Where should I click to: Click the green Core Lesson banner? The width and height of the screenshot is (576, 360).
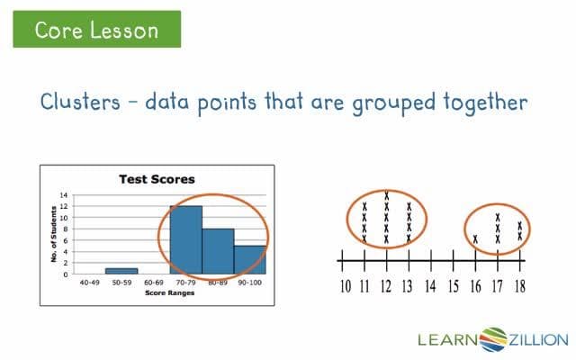pos(96,30)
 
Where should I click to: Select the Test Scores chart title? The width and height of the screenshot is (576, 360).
pos(157,179)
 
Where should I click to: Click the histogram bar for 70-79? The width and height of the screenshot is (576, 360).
pos(185,239)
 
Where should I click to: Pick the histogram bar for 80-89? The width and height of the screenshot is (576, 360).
pos(218,251)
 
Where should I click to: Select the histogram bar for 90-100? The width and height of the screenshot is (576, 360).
pos(249,259)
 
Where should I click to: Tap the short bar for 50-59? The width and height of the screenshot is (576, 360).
pos(121,270)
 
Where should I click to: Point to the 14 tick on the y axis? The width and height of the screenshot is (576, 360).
pos(63,194)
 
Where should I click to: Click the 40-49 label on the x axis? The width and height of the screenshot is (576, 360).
pos(89,283)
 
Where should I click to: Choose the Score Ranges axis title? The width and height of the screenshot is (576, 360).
pos(169,292)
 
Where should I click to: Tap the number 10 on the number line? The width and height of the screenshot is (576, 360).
pos(346,287)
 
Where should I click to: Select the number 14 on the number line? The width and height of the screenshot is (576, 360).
pos(430,287)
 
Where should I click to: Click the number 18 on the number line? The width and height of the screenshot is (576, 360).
pos(520,287)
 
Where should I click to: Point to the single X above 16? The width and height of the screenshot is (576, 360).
pos(475,238)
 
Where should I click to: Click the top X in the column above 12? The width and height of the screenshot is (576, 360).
pos(386,195)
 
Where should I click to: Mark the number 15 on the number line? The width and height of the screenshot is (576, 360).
pos(453,287)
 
